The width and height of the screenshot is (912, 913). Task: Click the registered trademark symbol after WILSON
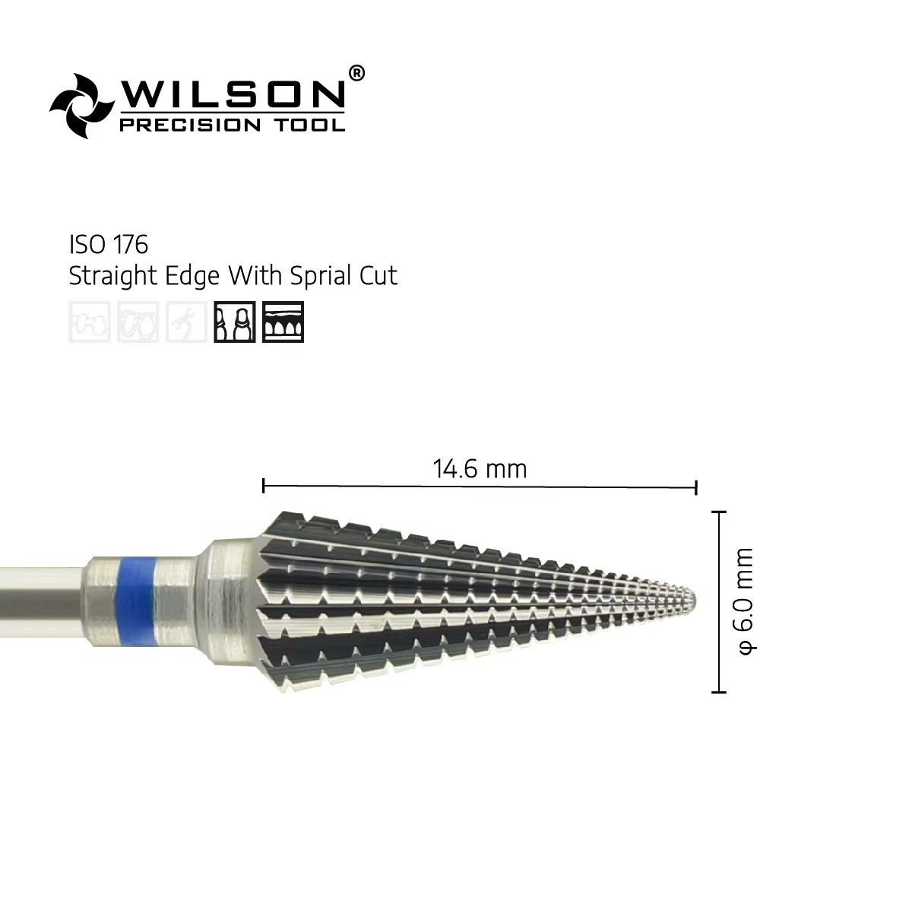coord(356,73)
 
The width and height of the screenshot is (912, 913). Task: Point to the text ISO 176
coord(108,245)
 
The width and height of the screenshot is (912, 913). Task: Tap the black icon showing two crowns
coord(235,322)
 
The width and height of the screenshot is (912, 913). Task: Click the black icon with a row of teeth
coord(283,322)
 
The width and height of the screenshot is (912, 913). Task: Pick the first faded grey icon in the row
coord(90,322)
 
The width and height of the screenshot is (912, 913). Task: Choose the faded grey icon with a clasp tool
coord(186,322)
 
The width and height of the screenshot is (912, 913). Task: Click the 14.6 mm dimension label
coord(480,469)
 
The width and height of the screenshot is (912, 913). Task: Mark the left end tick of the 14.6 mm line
coord(263,486)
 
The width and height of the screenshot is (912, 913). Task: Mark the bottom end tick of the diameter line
coord(718,691)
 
